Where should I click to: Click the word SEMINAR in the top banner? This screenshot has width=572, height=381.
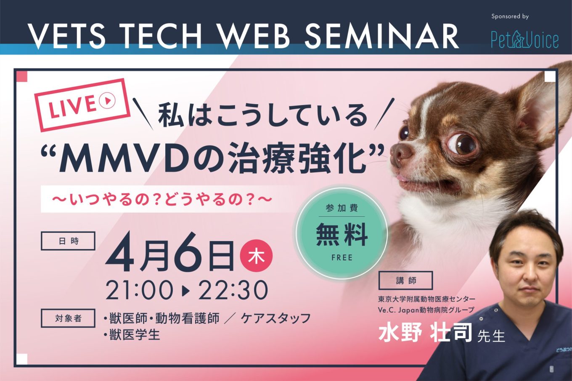(x=381, y=37)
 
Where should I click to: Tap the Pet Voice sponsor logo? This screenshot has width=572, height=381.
(x=525, y=39)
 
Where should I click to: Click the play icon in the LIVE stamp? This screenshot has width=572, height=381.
(x=107, y=101)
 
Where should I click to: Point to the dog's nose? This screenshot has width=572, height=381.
(x=400, y=152)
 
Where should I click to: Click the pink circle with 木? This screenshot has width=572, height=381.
(x=257, y=255)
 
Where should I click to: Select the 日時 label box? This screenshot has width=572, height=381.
(x=68, y=241)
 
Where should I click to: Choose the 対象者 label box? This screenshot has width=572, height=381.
(x=68, y=318)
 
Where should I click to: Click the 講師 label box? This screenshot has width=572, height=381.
(x=405, y=281)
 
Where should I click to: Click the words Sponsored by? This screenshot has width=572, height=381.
(x=510, y=17)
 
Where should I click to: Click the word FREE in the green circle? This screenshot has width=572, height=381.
(x=342, y=258)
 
